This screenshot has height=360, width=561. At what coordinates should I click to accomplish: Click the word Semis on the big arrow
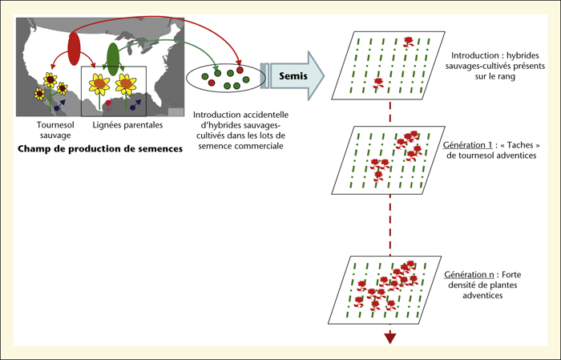293,76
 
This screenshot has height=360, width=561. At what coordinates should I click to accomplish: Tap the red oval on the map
74,49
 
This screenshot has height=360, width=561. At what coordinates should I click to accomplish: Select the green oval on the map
113,59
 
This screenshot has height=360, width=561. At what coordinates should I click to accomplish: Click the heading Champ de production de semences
100,149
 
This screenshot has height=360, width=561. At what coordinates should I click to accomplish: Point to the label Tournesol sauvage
55,130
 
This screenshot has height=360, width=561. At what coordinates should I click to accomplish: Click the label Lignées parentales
127,125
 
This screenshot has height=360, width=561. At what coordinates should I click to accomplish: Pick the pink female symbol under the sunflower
108,106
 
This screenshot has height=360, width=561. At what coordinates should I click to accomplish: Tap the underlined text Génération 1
467,145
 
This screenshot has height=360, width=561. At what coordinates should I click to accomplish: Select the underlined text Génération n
469,274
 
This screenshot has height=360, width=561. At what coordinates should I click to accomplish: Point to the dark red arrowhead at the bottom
390,338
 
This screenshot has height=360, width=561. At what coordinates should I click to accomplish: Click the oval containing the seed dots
226,77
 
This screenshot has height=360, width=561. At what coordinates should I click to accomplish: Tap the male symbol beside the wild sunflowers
60,105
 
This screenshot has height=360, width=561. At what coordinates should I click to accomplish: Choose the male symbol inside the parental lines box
135,105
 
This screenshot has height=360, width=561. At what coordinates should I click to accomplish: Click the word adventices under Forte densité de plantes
482,295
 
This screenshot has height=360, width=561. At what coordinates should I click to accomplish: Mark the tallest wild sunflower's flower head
50,80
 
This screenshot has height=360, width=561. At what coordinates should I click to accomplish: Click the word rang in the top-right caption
507,77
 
